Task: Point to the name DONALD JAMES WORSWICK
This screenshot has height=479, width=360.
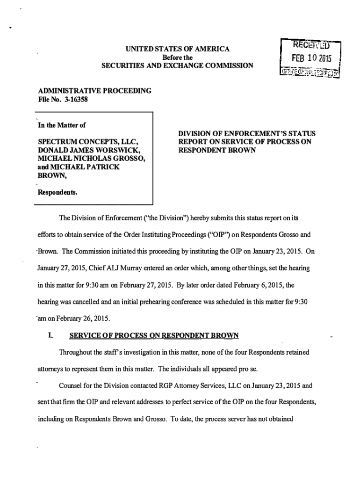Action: point(89,151)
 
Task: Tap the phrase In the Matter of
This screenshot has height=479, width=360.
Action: point(63,125)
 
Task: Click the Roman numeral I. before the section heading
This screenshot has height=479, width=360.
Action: point(51,335)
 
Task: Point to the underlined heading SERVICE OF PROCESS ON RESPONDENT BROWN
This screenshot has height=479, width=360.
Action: point(154,335)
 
